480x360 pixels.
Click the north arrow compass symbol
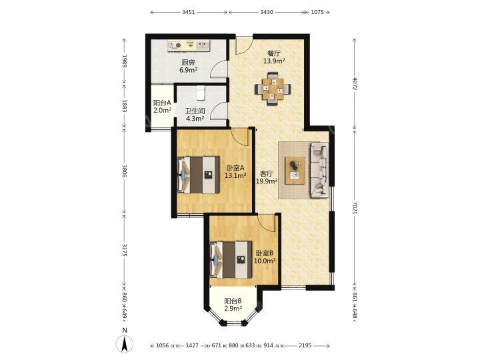(124, 343)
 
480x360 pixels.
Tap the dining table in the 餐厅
(273, 89)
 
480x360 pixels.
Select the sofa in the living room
(319, 170)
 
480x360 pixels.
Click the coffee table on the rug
(295, 170)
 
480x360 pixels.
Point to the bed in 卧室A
(199, 175)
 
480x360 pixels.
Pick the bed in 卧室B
(231, 259)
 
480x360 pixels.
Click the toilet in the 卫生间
(200, 93)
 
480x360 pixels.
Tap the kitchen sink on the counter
(203, 45)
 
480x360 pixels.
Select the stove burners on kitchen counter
(175, 46)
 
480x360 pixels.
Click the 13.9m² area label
(274, 61)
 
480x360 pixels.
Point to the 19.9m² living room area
(267, 181)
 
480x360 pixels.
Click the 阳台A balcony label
(162, 103)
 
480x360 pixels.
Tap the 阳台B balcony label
(233, 301)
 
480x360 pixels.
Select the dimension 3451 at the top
(188, 12)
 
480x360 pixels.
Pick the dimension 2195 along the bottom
(305, 345)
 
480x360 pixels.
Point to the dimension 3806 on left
(124, 171)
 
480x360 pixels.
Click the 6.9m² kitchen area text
(188, 70)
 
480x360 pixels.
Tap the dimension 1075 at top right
(317, 12)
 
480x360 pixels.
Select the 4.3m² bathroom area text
(195, 119)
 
